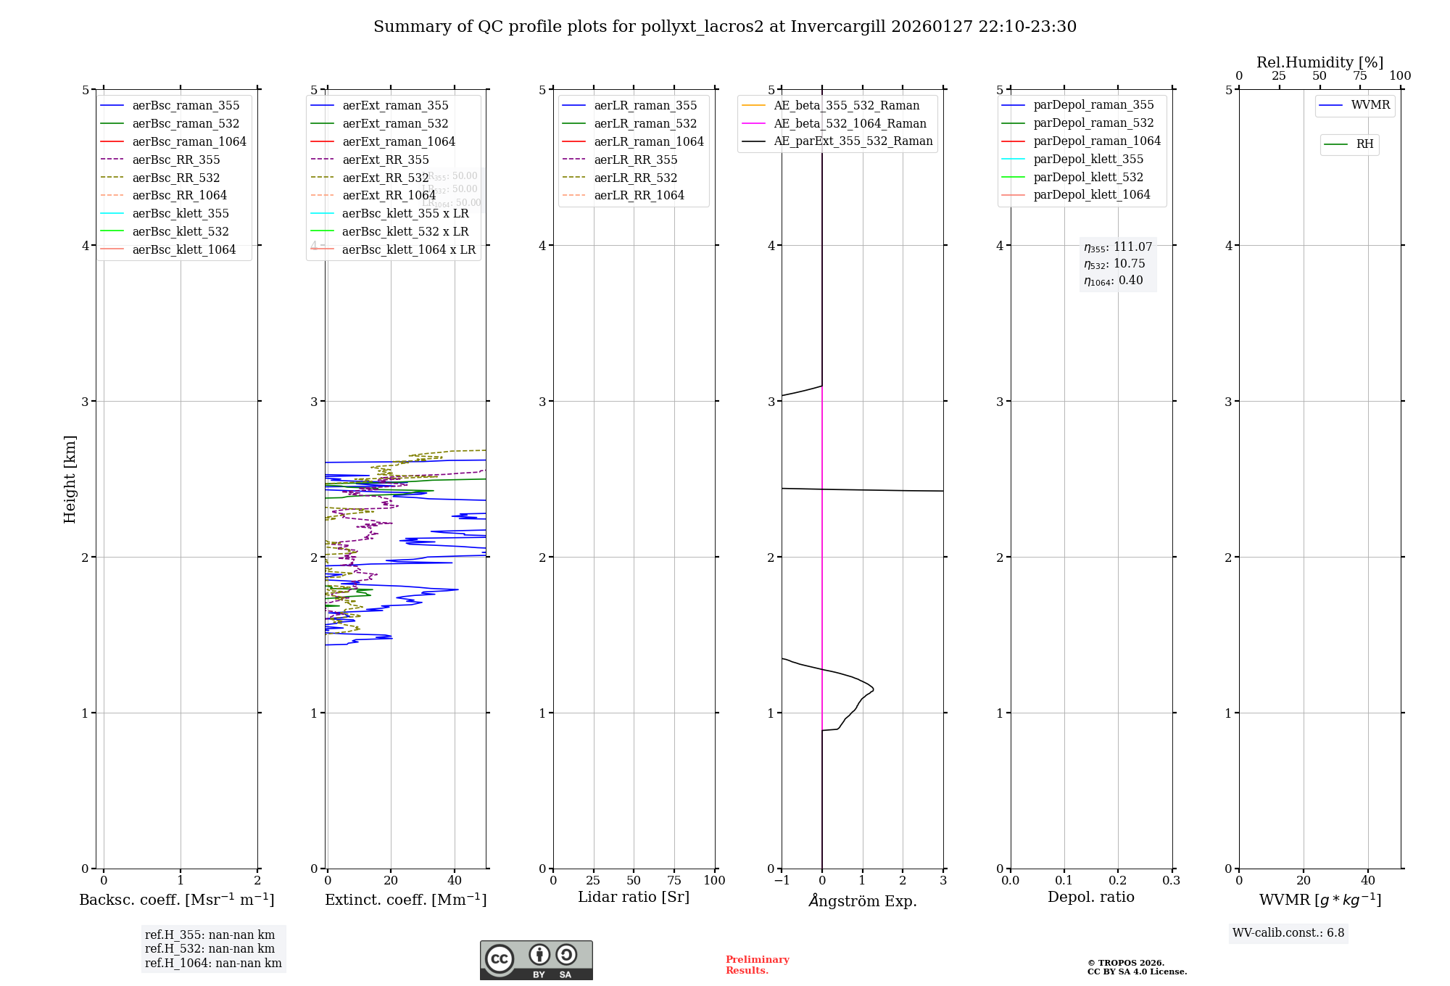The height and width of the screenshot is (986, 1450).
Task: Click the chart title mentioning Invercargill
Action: pos(724,27)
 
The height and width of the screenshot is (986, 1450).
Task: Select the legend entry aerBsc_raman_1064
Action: pos(188,141)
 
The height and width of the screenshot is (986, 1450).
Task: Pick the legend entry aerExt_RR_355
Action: pos(385,159)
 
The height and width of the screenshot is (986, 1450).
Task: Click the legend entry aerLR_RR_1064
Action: pos(639,195)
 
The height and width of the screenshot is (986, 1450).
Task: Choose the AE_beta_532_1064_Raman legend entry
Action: pos(850,123)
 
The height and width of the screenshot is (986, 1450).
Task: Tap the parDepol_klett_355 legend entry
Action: pos(1088,159)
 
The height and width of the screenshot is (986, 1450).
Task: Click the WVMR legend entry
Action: pos(1370,105)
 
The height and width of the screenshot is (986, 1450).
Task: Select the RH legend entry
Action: pos(1364,144)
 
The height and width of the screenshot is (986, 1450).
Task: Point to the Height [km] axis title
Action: pos(70,478)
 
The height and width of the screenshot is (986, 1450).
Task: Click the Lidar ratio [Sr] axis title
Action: pos(634,897)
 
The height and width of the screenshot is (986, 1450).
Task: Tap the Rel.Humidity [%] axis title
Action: pos(1319,62)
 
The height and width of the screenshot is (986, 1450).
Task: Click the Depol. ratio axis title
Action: pos(1090,897)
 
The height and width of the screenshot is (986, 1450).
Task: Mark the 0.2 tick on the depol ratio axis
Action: pos(1118,880)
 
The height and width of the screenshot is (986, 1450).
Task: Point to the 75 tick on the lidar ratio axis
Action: pos(674,880)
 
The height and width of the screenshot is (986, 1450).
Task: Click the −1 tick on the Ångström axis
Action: pos(782,880)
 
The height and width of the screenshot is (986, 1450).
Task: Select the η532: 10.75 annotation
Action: pos(1115,264)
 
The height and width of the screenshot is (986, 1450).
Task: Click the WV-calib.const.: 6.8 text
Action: pos(1288,933)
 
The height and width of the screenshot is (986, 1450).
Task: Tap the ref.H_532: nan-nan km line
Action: pos(210,948)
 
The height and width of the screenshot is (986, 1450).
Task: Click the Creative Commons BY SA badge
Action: pos(536,960)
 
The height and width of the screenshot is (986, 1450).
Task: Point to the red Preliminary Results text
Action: pos(757,965)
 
